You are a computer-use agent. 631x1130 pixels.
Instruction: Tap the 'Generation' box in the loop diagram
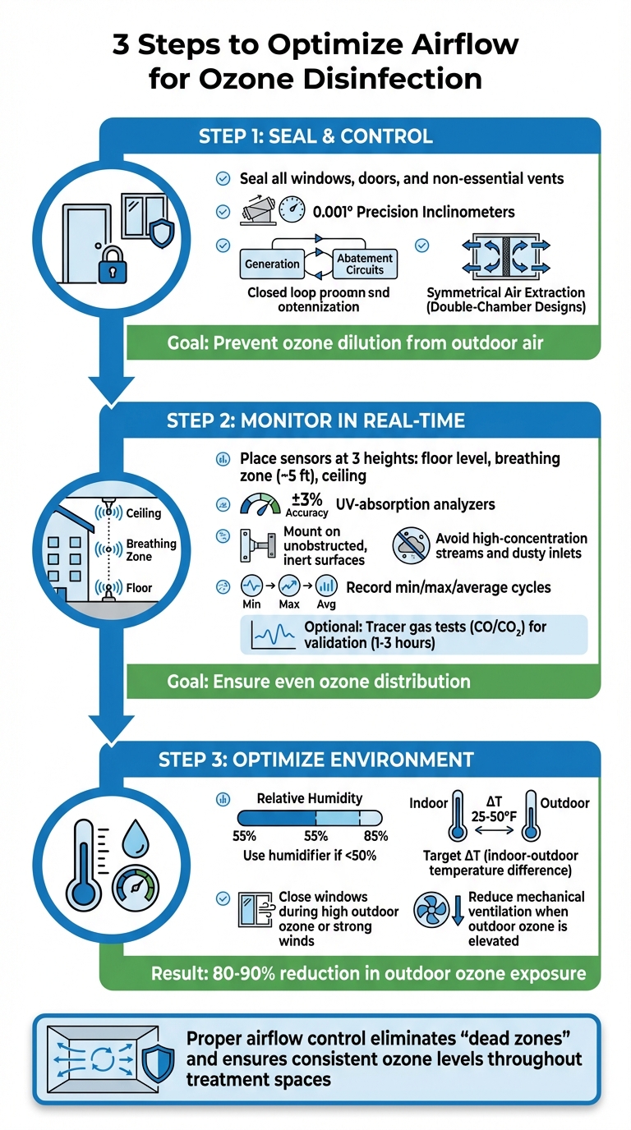coord(272,264)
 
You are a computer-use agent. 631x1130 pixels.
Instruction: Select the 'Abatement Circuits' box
coord(366,263)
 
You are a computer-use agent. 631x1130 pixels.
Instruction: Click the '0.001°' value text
coord(334,212)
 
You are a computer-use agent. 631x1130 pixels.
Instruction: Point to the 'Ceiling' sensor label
coord(144,513)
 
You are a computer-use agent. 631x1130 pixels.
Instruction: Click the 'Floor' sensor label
coord(139,588)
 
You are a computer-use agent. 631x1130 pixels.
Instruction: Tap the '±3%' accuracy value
coord(306,502)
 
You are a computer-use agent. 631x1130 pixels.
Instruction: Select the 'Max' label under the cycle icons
coord(289,605)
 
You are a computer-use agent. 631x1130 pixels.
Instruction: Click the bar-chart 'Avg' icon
coord(326,586)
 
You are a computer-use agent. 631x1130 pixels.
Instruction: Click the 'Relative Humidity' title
coord(309,797)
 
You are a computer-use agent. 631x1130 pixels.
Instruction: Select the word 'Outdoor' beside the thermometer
coord(564,802)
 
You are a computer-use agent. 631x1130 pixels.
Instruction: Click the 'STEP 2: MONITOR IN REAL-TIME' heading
coord(315,421)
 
